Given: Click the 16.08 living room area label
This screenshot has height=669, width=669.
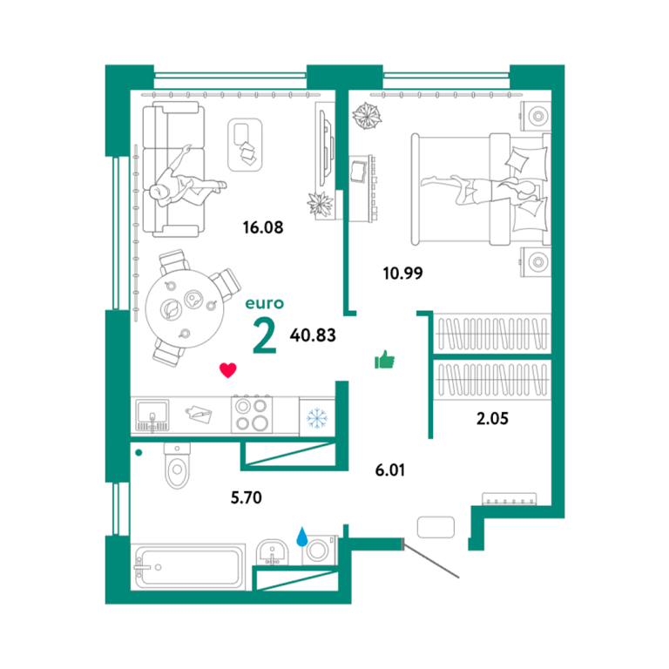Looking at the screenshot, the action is (263, 227).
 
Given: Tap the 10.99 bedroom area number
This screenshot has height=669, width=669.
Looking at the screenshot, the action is (402, 273).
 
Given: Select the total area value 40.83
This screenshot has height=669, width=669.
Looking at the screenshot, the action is (313, 335).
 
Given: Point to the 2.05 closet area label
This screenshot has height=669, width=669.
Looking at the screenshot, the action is (492, 418).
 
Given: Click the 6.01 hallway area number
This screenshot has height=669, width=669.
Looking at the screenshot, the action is (390, 470).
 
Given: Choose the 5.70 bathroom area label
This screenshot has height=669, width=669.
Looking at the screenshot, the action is (247, 497).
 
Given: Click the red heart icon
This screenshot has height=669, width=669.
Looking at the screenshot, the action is (228, 370).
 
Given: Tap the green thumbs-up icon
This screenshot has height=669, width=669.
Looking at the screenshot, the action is (384, 359).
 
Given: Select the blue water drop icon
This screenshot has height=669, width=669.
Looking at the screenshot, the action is (302, 537).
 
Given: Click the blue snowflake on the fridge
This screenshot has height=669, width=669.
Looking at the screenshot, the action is (317, 418).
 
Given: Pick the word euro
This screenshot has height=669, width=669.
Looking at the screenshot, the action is (265, 303).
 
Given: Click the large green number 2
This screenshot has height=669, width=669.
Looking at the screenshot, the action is (265, 336).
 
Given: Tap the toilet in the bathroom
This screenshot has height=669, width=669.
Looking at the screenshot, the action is (177, 466).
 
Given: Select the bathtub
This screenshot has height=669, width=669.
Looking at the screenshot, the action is (188, 567).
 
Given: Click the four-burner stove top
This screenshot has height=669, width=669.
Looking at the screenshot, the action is (252, 415).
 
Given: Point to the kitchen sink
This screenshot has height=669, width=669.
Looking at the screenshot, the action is (152, 416).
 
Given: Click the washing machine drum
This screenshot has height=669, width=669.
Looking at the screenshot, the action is (317, 550).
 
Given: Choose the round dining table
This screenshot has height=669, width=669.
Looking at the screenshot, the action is (185, 308).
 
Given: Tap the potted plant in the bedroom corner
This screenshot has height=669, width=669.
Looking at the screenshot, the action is (367, 116).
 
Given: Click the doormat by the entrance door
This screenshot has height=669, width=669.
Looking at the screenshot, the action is (436, 527).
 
